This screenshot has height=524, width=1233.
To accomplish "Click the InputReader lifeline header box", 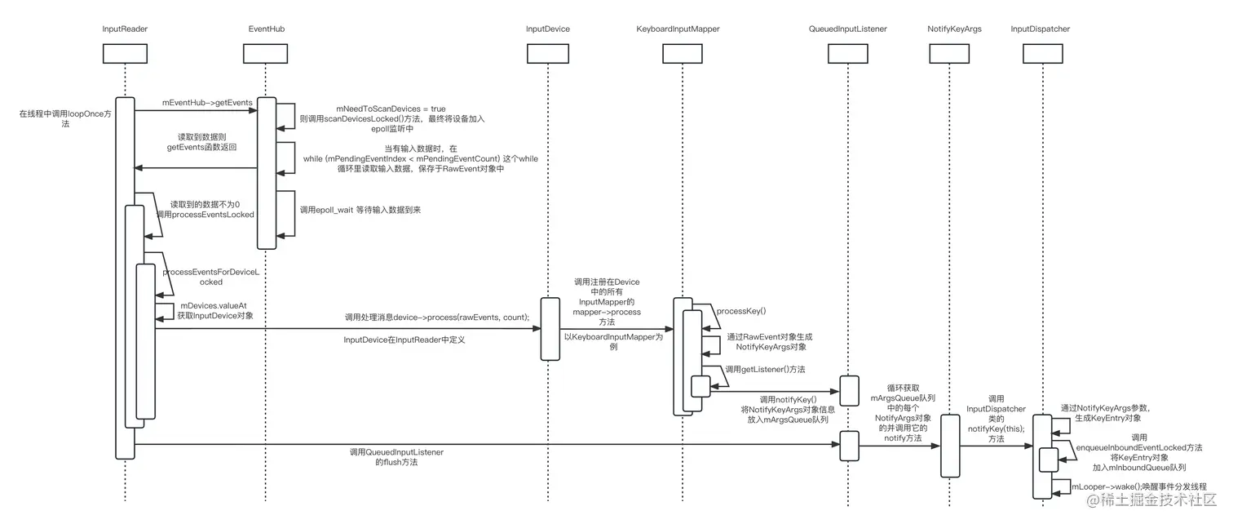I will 125,53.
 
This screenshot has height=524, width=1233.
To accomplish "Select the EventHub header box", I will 267,53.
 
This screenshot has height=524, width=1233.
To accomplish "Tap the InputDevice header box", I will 548,53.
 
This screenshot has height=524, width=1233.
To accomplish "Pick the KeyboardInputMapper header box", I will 683,53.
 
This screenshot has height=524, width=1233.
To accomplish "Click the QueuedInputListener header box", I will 847,53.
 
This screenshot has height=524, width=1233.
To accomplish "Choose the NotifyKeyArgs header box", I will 949,53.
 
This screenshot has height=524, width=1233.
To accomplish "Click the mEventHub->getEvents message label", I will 196,103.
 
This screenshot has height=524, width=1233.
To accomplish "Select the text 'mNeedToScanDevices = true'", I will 391,108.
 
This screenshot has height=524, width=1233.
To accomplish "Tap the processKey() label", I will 740,311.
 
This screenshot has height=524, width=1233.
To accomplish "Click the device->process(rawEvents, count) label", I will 436,318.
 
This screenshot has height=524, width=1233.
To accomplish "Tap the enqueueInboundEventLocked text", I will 1138,448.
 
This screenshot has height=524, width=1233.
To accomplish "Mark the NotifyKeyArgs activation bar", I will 950,446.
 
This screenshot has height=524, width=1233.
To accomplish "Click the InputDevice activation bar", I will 550,329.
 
